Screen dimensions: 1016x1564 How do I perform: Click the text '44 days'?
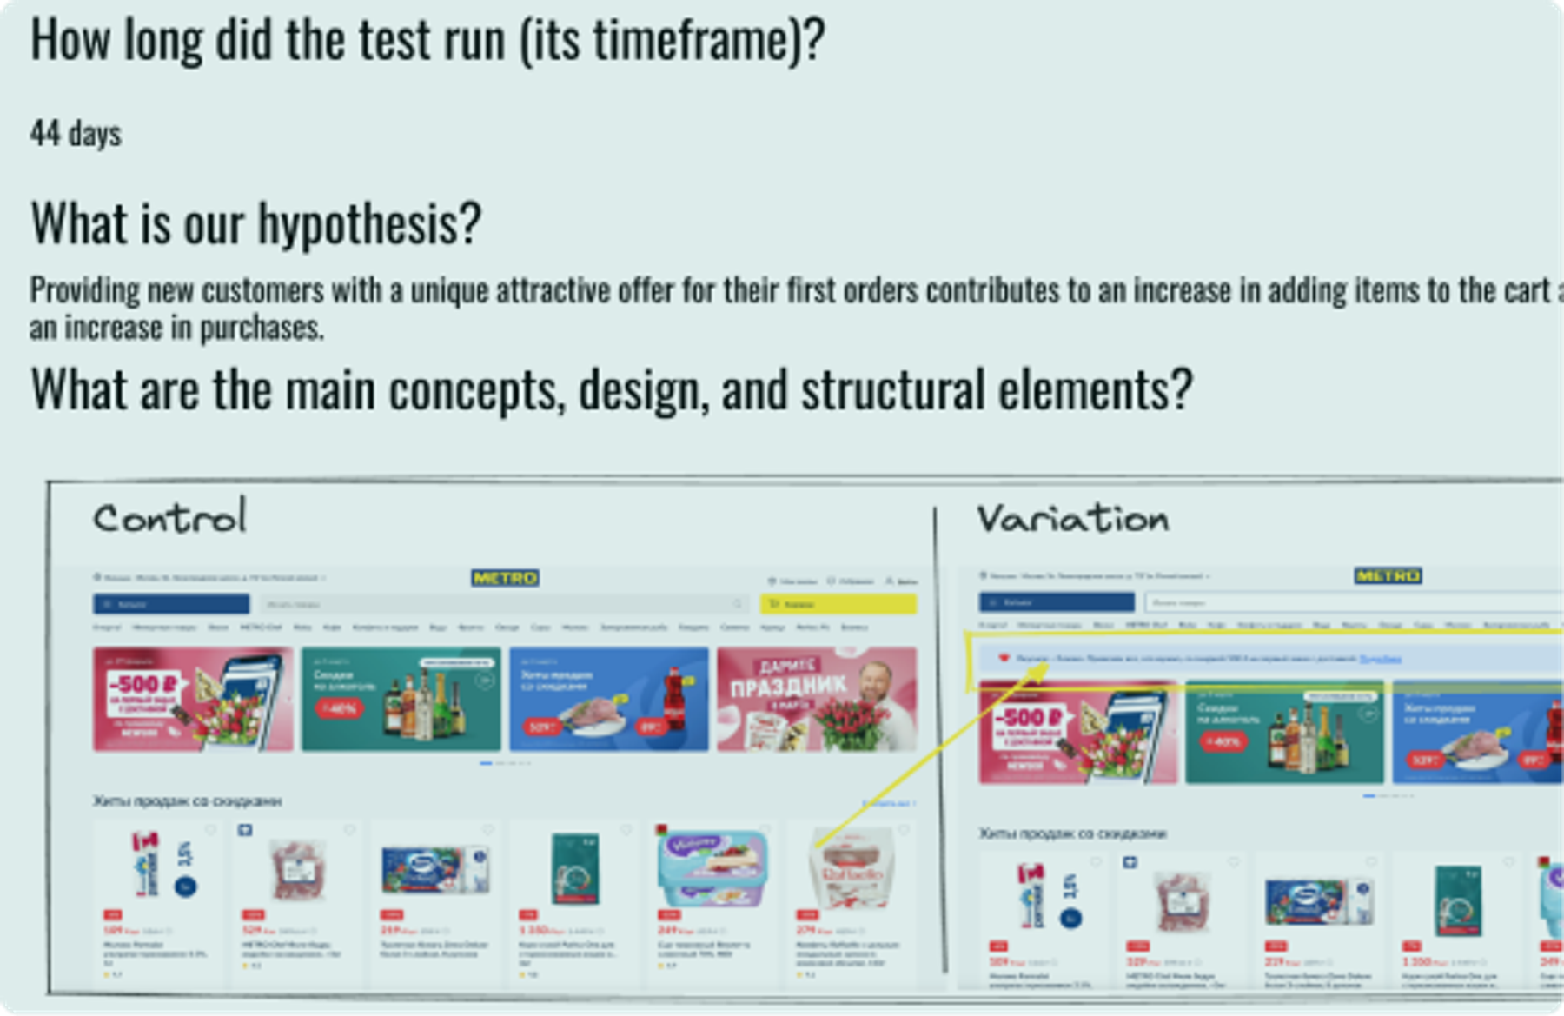point(76,134)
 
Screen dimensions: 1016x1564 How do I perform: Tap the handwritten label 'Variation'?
point(1073,519)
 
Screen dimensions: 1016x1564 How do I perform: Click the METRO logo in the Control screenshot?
point(505,578)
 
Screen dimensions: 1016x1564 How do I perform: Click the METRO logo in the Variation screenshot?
point(1388,575)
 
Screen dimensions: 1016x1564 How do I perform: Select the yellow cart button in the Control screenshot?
point(838,603)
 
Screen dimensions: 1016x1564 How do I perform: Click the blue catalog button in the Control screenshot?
point(171,603)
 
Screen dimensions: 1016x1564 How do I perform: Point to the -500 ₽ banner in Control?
point(193,699)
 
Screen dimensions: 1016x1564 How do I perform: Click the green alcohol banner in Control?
point(401,699)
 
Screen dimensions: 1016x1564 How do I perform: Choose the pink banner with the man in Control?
point(816,699)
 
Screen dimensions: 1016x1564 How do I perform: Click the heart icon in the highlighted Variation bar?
point(1004,659)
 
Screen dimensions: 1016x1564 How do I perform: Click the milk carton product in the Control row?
point(162,864)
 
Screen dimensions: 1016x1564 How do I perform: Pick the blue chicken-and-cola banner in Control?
point(608,699)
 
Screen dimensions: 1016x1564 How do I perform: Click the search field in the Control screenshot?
point(504,603)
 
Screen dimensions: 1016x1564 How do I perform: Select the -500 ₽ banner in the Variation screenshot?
point(1077,732)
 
